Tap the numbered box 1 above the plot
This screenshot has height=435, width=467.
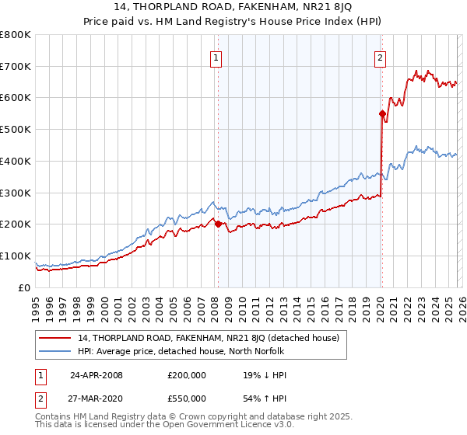215,57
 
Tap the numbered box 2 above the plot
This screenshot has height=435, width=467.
380,57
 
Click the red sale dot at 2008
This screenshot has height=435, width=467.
218,224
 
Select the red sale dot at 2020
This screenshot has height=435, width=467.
382,113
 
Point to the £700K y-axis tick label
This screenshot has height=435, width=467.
16,66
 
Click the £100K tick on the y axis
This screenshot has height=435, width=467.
16,256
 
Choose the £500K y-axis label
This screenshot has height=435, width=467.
16,130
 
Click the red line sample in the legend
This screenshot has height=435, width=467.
55,338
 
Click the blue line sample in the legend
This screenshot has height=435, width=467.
55,351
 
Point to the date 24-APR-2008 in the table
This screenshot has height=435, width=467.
97,375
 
